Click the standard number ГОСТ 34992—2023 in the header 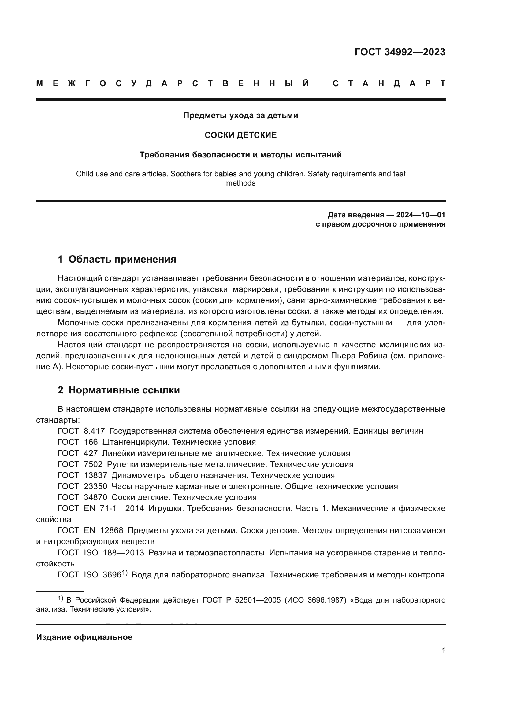[x=400, y=52]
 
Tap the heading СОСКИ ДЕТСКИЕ [x=240, y=135]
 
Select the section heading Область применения [x=122, y=259]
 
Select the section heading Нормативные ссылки [x=124, y=390]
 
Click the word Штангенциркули [x=136, y=442]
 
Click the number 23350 [x=95, y=486]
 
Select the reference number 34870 [x=95, y=497]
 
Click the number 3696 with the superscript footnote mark [x=112, y=575]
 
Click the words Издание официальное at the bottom [x=84, y=637]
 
